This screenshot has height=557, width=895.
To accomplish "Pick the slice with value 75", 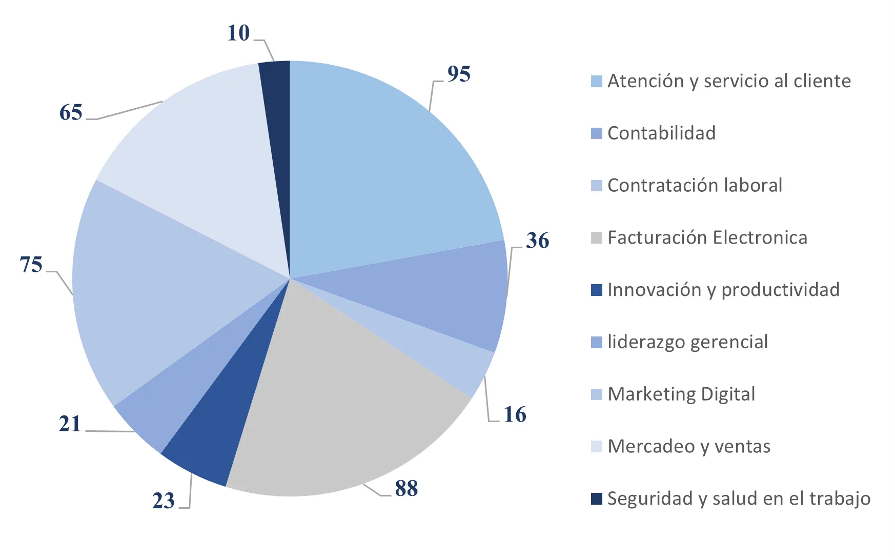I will click(x=154, y=287).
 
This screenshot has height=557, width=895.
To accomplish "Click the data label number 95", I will click(x=459, y=74).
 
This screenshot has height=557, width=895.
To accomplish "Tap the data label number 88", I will click(x=406, y=488).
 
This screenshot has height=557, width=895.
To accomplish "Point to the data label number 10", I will click(x=238, y=33).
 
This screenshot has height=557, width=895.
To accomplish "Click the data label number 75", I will click(x=31, y=265).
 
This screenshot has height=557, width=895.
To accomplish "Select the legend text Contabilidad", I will click(x=661, y=133).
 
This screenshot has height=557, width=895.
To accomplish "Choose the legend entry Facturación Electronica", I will click(x=707, y=238).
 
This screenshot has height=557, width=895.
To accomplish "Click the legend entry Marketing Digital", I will click(x=681, y=394).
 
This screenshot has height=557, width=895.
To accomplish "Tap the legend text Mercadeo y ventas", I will click(x=689, y=447).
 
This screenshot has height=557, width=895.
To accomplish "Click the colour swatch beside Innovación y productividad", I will click(x=596, y=290).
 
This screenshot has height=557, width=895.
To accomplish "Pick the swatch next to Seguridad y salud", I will click(x=596, y=499).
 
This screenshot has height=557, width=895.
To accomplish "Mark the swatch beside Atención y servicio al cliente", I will click(x=596, y=82).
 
